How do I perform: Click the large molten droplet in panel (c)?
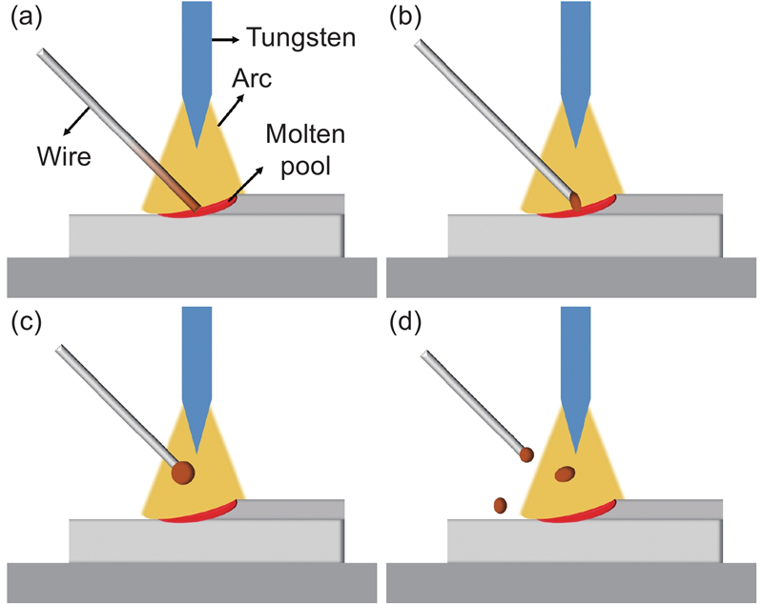181,471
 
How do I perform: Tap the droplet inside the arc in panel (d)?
565,473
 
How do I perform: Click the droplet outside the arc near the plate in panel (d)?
499,505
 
